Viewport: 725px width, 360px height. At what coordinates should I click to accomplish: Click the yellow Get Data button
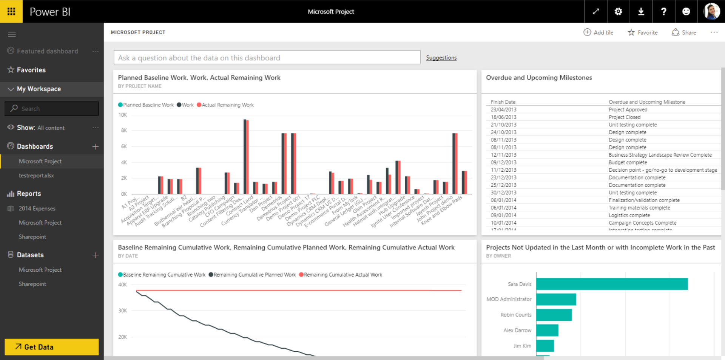pos(51,347)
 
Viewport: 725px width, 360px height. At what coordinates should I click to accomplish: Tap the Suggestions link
pos(441,58)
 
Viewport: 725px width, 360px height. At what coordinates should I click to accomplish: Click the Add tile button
pos(599,32)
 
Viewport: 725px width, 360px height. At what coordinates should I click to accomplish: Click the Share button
pos(684,32)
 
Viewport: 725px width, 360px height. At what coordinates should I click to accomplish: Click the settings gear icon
pos(618,11)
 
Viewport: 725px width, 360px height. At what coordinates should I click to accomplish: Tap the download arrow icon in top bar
pos(641,11)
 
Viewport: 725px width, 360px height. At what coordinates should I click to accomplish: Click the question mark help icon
pos(663,11)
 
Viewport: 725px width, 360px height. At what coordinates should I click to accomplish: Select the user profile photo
pos(711,11)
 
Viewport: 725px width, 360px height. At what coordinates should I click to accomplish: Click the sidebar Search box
pos(52,109)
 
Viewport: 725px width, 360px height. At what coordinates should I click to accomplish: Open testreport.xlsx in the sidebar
pos(36,175)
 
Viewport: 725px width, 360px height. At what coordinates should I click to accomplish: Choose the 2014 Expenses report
pos(37,208)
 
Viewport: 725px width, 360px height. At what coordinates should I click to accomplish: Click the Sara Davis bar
pos(612,284)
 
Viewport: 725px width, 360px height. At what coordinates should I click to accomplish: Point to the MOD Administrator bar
pos(556,299)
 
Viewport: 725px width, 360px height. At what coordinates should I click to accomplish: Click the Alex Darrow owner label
pos(517,330)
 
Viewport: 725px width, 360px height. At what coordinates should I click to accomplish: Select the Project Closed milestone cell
pos(625,117)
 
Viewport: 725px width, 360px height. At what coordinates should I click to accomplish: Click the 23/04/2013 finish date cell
pos(503,109)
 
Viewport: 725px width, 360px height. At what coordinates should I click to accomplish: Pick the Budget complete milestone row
pos(628,162)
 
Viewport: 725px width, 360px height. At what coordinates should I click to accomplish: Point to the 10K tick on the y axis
pos(123,115)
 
